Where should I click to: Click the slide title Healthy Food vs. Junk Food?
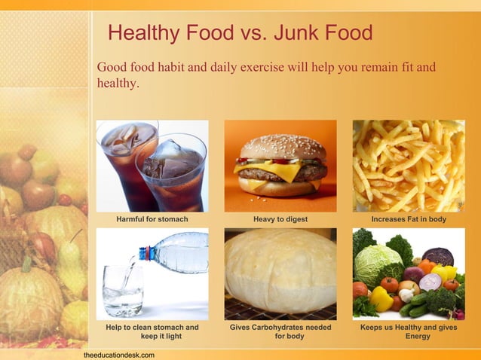coord(240,32)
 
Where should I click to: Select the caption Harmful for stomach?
coord(152,219)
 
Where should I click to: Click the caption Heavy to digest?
coord(280,219)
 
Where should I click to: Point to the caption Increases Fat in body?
coord(409,219)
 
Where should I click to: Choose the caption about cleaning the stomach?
coord(152,331)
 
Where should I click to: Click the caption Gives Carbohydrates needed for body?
coord(280,331)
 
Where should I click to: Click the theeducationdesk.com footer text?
coord(119,354)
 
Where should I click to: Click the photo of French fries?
coord(409,166)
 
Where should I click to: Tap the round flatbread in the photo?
coord(280,272)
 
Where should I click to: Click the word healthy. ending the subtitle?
coord(117,84)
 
